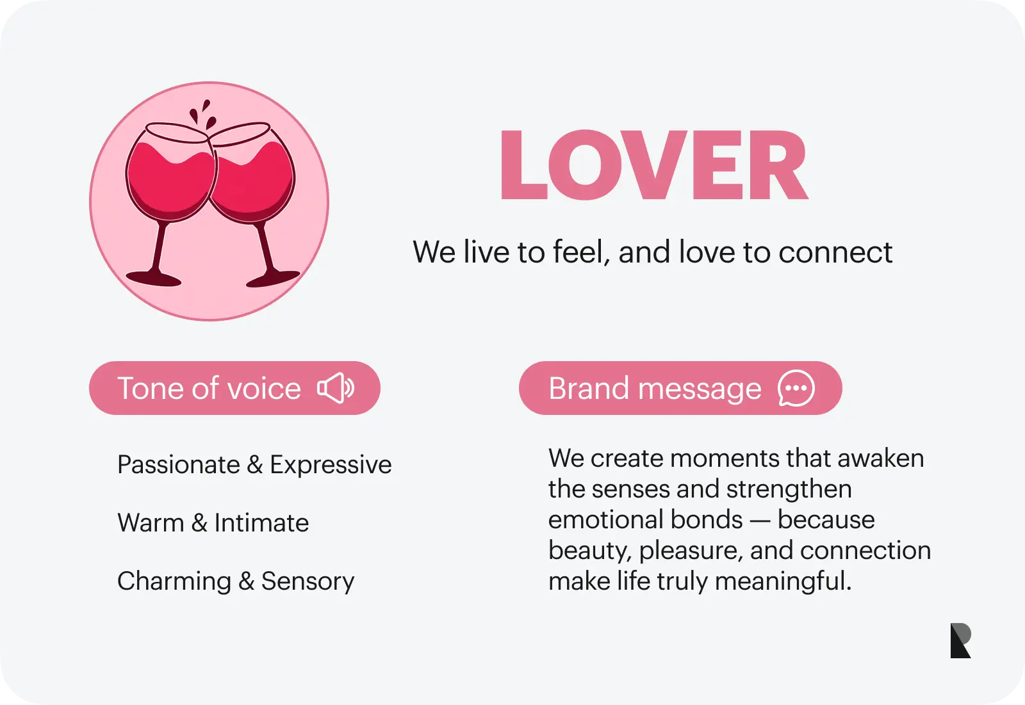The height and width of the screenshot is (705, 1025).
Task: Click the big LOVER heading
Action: (x=654, y=165)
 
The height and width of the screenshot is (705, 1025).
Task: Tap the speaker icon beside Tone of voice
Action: (x=336, y=388)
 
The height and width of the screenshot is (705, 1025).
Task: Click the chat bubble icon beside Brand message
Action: (x=796, y=388)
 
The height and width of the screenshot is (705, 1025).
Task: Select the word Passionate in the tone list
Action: (x=179, y=466)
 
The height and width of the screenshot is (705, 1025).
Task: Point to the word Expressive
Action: (x=331, y=466)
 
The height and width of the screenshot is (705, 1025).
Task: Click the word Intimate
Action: (x=262, y=523)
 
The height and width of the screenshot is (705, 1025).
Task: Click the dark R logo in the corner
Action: (x=960, y=640)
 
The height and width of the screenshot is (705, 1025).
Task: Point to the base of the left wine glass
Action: (x=154, y=279)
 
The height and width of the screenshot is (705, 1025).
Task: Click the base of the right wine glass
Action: (x=273, y=279)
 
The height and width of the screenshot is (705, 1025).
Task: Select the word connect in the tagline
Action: (x=835, y=252)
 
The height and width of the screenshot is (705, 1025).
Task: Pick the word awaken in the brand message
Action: (x=881, y=458)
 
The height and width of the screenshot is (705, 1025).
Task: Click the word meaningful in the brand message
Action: (x=783, y=581)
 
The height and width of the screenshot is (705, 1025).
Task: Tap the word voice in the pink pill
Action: (x=265, y=389)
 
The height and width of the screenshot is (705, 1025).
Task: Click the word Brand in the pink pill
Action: (x=589, y=389)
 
